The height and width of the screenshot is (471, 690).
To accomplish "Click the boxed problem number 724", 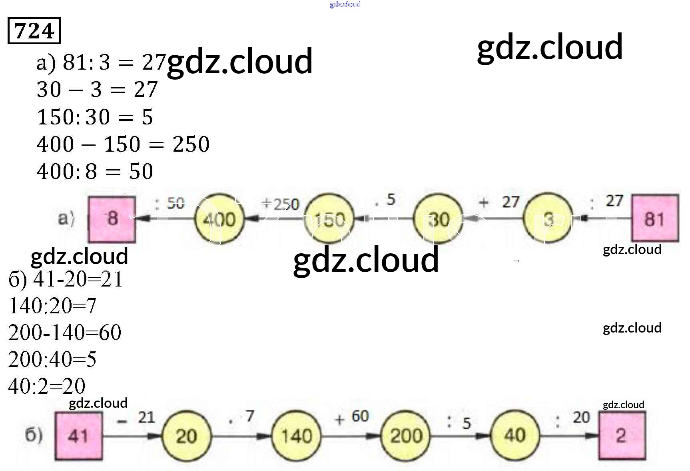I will [x=34, y=30].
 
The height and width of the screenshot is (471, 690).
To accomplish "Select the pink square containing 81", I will [x=654, y=218].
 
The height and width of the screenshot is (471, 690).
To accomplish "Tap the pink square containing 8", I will [x=112, y=219].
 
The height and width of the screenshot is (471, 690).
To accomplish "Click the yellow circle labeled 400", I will [x=219, y=219].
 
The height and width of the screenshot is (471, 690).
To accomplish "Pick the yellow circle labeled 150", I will [x=329, y=219].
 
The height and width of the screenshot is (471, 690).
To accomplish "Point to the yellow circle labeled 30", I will [x=438, y=219].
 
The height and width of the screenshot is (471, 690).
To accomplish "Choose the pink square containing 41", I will [x=78, y=435].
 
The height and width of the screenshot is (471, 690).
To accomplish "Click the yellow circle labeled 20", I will [x=186, y=435].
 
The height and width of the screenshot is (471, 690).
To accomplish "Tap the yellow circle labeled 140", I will [x=296, y=435].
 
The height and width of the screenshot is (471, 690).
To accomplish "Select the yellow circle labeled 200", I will [x=406, y=435].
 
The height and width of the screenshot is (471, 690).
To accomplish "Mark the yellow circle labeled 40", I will [x=515, y=435].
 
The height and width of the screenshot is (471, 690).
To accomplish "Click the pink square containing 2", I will [x=621, y=435].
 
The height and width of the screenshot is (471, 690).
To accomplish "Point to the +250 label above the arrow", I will [x=280, y=204].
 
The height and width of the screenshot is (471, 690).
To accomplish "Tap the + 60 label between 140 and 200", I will [x=352, y=417].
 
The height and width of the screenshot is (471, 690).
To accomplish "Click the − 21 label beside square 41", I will [x=136, y=418].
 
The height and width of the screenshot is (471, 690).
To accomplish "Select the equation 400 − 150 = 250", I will [x=123, y=144].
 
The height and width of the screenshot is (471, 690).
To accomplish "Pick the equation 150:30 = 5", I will [x=95, y=117].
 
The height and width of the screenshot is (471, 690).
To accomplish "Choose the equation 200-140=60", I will [x=64, y=333].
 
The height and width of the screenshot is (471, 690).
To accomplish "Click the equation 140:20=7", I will [x=52, y=306].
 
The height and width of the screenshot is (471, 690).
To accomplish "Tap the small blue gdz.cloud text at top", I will [x=345, y=4].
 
